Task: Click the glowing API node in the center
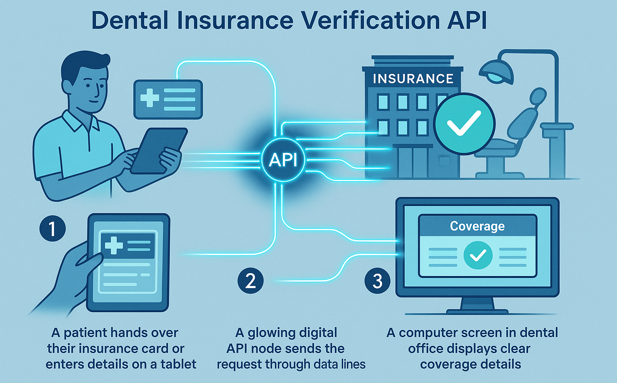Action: point(283,160)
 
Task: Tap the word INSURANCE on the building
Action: point(413,79)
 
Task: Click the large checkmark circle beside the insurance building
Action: point(464,124)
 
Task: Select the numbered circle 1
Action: point(52,229)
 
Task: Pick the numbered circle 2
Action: point(250,280)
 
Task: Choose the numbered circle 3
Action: point(377,280)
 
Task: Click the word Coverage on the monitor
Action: point(477,226)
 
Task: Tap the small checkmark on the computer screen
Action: point(478,255)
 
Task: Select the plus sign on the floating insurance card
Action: point(150,98)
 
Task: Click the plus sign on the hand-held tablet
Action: point(113,245)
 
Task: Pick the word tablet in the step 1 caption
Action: point(178,364)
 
